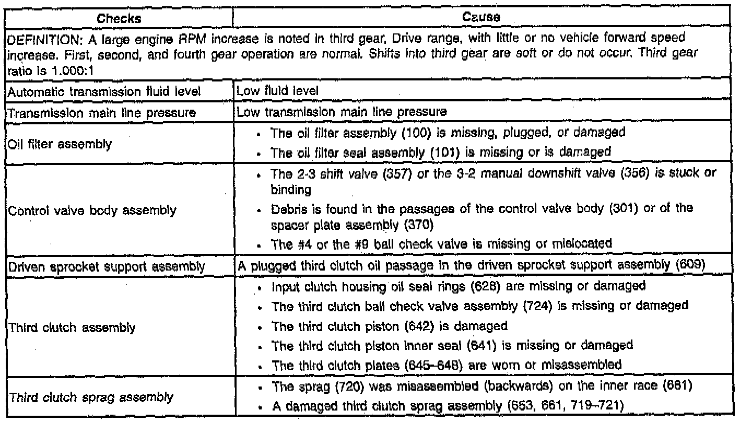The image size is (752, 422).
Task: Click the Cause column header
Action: pos(481,17)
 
